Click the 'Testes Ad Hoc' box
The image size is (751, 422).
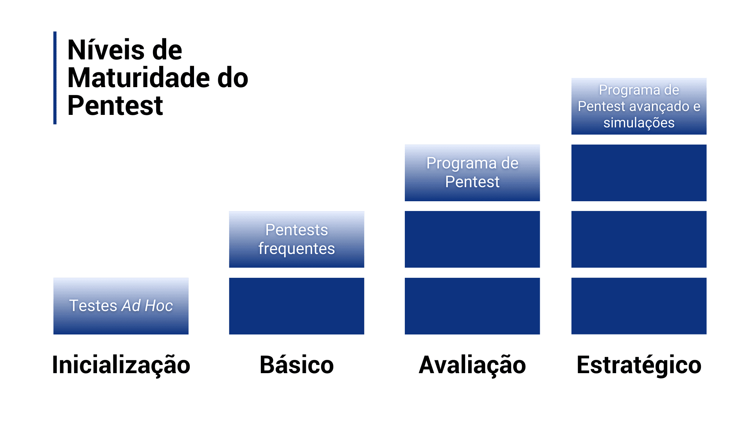tap(121, 306)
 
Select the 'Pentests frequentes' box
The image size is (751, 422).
tap(296, 239)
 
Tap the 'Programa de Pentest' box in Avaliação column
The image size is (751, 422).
tap(472, 173)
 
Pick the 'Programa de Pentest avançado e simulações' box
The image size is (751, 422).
tap(639, 106)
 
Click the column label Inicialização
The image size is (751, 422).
tap(121, 365)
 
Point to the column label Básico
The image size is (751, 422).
tap(296, 365)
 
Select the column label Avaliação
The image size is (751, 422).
tap(472, 365)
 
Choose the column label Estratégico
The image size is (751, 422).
tap(639, 365)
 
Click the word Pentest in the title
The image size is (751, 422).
tap(115, 105)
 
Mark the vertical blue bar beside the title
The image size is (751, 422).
tap(55, 78)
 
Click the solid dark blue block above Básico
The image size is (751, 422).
tap(296, 306)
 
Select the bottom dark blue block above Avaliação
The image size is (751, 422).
tap(472, 306)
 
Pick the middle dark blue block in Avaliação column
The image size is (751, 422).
tap(472, 239)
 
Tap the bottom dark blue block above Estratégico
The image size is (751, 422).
tap(639, 306)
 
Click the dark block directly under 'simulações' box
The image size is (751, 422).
tap(639, 173)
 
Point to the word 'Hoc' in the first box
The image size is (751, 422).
tap(158, 306)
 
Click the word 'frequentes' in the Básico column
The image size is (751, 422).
tap(296, 249)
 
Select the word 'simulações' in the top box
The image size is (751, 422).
tap(639, 123)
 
